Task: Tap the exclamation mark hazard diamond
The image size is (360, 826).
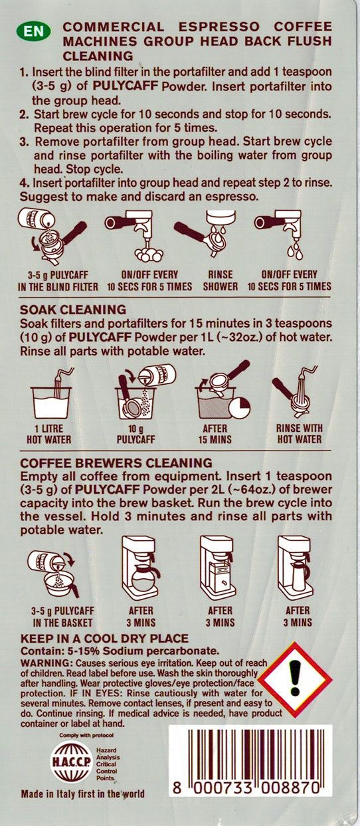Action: click(x=304, y=678)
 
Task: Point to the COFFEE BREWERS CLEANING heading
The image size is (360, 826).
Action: click(x=116, y=462)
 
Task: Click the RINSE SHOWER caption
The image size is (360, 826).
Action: click(x=220, y=280)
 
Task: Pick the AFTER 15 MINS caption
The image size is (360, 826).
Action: click(x=211, y=434)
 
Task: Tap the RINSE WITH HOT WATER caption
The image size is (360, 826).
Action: click(x=298, y=434)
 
